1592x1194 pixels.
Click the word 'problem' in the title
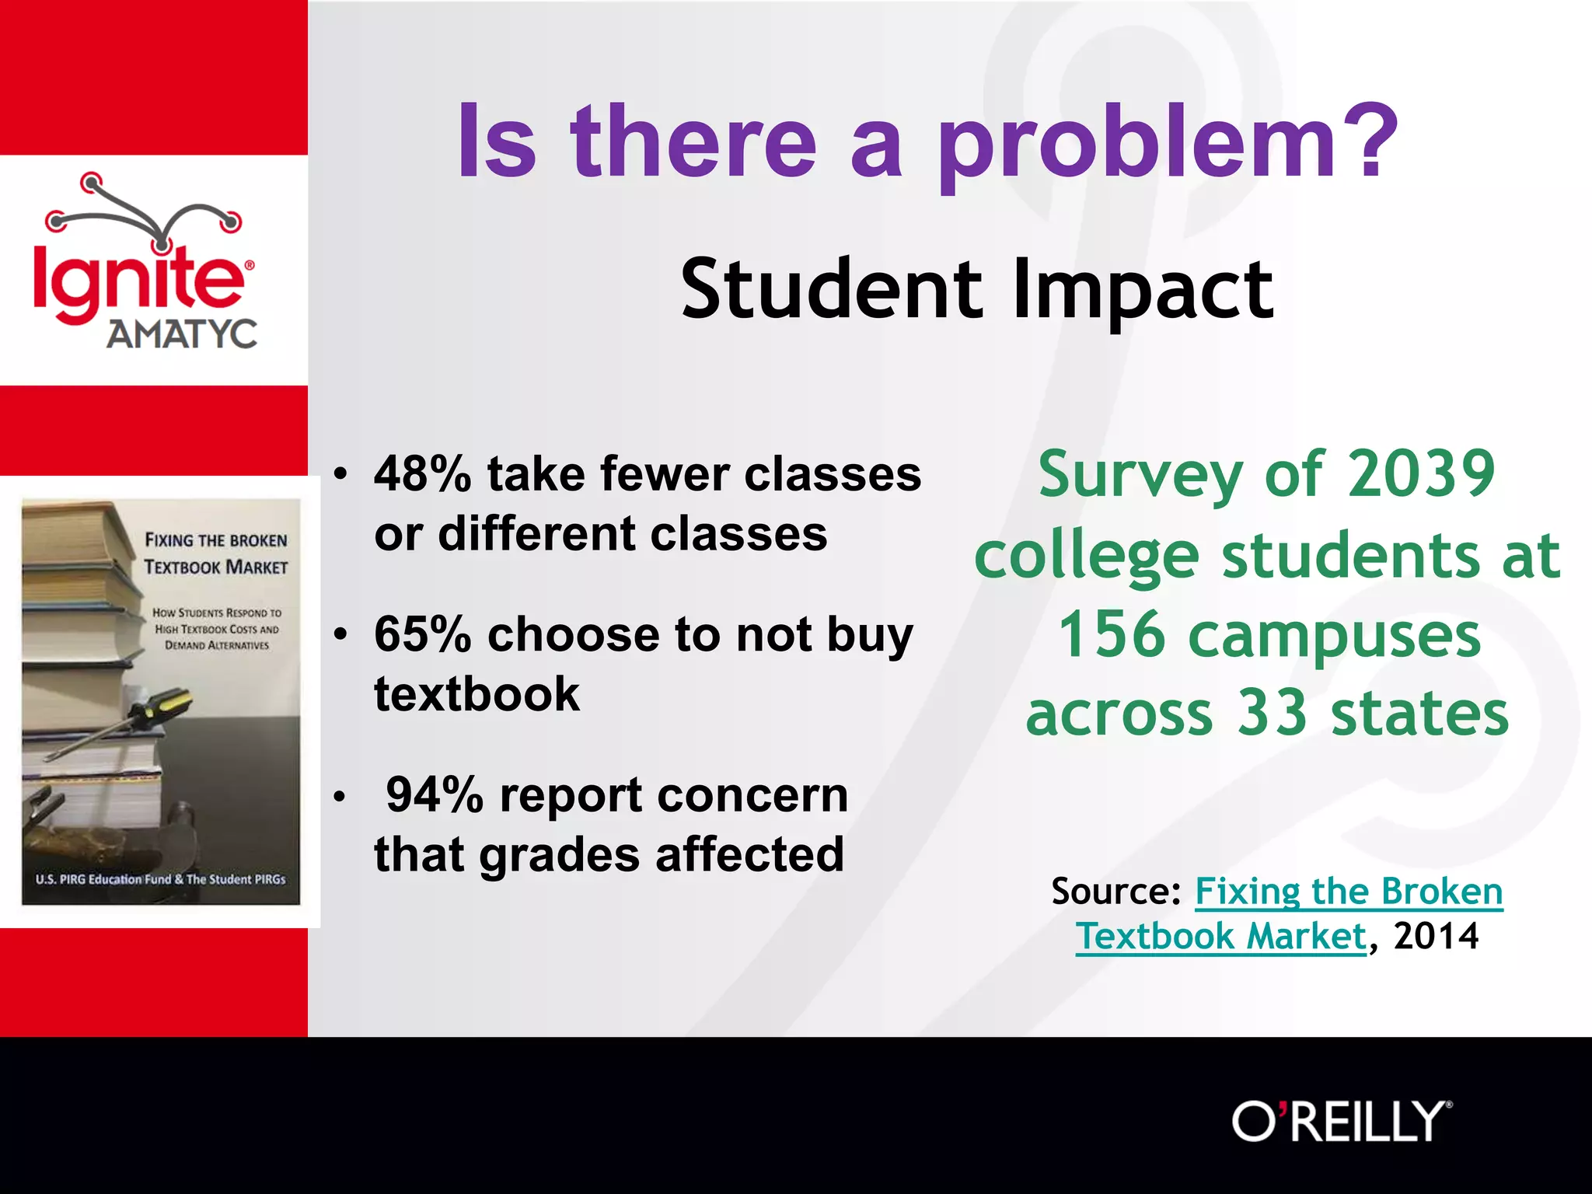(x=1135, y=148)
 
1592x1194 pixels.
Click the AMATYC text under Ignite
(x=182, y=334)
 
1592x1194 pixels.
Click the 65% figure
(x=422, y=634)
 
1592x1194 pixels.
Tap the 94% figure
(x=435, y=795)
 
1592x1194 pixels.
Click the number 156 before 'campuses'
(x=1112, y=634)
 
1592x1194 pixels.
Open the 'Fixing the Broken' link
(x=1348, y=892)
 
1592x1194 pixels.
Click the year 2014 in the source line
(x=1436, y=936)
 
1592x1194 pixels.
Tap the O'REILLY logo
(x=1341, y=1121)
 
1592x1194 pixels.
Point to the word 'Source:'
(x=1115, y=892)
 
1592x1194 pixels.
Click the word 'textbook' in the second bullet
(x=477, y=694)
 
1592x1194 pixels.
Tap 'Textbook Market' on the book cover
(x=216, y=567)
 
